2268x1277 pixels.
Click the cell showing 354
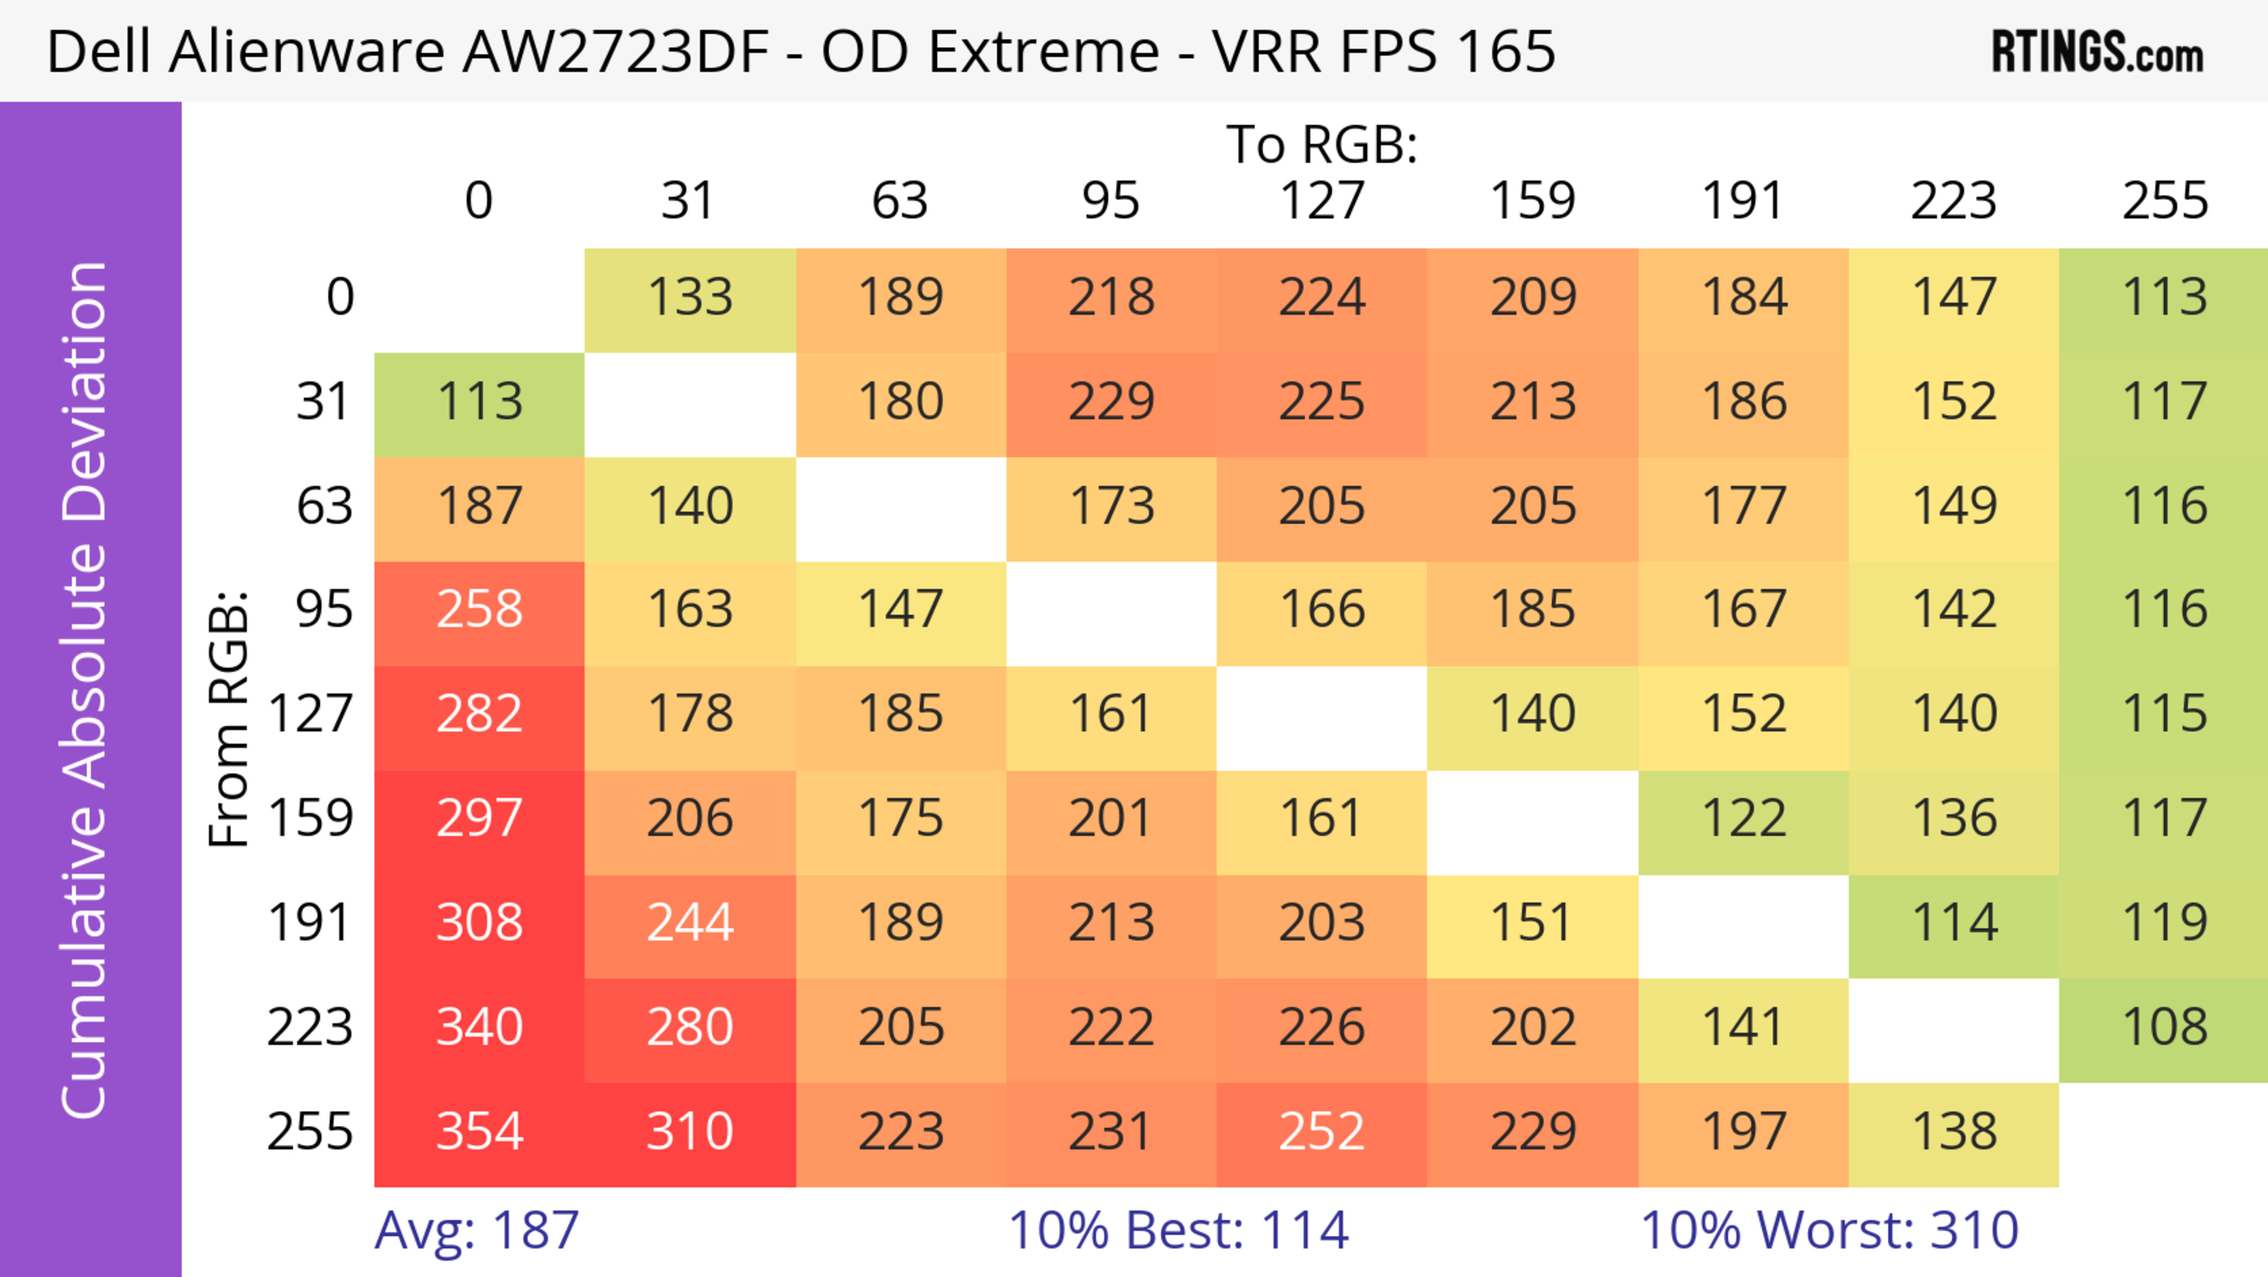pyautogui.click(x=479, y=1133)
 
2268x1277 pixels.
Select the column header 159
pyautogui.click(x=1532, y=201)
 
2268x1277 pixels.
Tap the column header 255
pyautogui.click(x=2164, y=201)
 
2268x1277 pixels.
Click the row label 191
pyautogui.click(x=310, y=924)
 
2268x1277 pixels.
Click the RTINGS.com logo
pyautogui.click(x=2097, y=52)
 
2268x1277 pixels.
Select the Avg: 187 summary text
pyautogui.click(x=476, y=1230)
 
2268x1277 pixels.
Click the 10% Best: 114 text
pyautogui.click(x=1178, y=1230)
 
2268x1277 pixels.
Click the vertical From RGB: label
pyautogui.click(x=229, y=718)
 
